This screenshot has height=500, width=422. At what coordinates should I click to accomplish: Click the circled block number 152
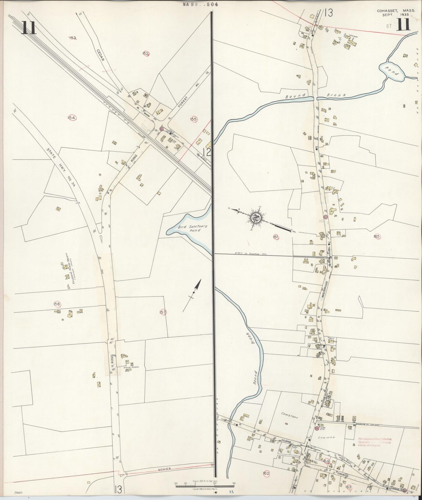click(x=146, y=53)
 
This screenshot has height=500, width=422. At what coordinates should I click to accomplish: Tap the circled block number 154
click(x=72, y=118)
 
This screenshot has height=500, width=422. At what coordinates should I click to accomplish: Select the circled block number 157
click(x=163, y=312)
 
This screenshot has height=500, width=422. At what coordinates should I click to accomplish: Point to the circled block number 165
click(x=377, y=236)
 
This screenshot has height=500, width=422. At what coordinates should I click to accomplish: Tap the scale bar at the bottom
click(x=204, y=486)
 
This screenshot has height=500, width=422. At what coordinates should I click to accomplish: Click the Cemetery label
click(x=290, y=417)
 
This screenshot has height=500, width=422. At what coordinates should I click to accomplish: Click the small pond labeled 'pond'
click(x=392, y=72)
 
